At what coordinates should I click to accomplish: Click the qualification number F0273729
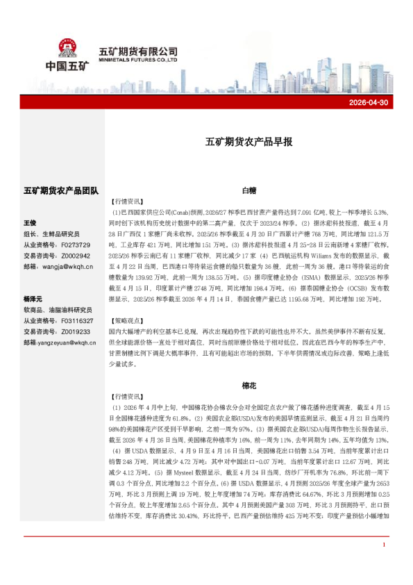pyautogui.click(x=76, y=245)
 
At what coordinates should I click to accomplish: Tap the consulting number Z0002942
pyautogui.click(x=76, y=255)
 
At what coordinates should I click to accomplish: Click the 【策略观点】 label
pyautogui.click(x=126, y=322)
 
